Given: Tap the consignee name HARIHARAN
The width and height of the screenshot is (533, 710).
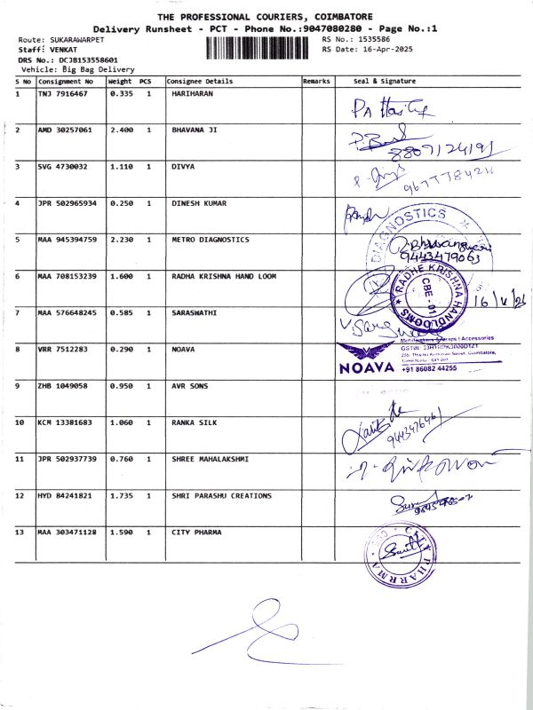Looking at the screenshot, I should point(192,93).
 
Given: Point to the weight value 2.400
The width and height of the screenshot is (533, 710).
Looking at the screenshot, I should point(121,130).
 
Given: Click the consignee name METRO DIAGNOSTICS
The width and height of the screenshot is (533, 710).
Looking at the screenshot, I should point(210,240).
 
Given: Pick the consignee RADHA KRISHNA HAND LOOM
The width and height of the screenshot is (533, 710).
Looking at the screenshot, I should point(223,276).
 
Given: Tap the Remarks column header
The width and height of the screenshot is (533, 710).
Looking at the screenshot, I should point(316,81).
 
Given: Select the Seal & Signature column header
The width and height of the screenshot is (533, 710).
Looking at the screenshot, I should point(384,81).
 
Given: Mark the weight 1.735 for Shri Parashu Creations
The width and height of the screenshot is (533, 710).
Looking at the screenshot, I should point(121,495).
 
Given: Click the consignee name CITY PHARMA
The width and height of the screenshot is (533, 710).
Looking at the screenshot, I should point(195,532).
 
